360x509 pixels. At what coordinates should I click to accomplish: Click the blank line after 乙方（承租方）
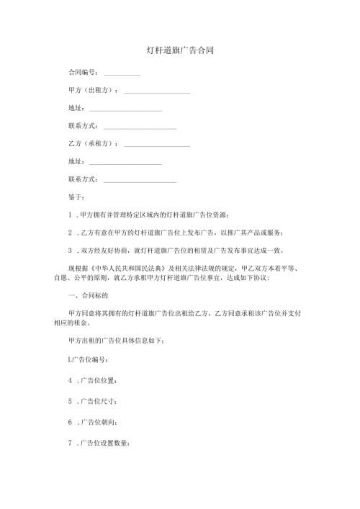pyautogui.click(x=157, y=146)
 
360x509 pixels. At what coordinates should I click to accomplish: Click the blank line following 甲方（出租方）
pyautogui.click(x=157, y=93)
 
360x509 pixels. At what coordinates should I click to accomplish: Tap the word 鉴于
pyautogui.click(x=76, y=197)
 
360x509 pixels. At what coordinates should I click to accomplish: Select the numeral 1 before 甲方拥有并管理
pyautogui.click(x=69, y=215)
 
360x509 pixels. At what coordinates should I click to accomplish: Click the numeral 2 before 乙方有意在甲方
pyautogui.click(x=69, y=233)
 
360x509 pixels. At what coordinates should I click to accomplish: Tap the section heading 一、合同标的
pyautogui.click(x=87, y=296)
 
